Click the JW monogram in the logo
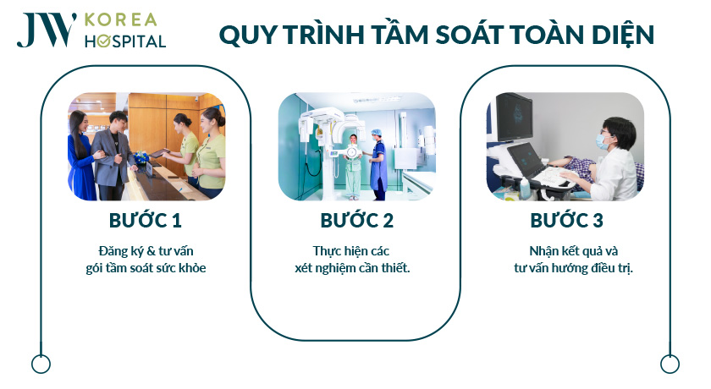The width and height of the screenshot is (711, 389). point(41,30)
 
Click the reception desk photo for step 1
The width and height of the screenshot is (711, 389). point(146,146)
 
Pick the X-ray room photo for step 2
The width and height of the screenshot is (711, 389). point(356,146)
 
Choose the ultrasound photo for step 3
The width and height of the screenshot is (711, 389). point(566,146)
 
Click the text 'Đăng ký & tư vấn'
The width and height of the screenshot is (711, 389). point(146,251)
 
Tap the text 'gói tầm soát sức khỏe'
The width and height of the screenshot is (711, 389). point(146,268)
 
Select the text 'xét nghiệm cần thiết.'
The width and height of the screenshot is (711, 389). point(356,268)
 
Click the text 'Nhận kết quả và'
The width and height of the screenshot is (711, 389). point(566,251)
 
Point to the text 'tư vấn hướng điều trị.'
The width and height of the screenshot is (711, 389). point(566,268)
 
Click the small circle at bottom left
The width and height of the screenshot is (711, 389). point(41,364)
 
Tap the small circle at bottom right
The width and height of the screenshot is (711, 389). point(670,364)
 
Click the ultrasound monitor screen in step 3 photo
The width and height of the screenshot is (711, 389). point(514,118)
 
